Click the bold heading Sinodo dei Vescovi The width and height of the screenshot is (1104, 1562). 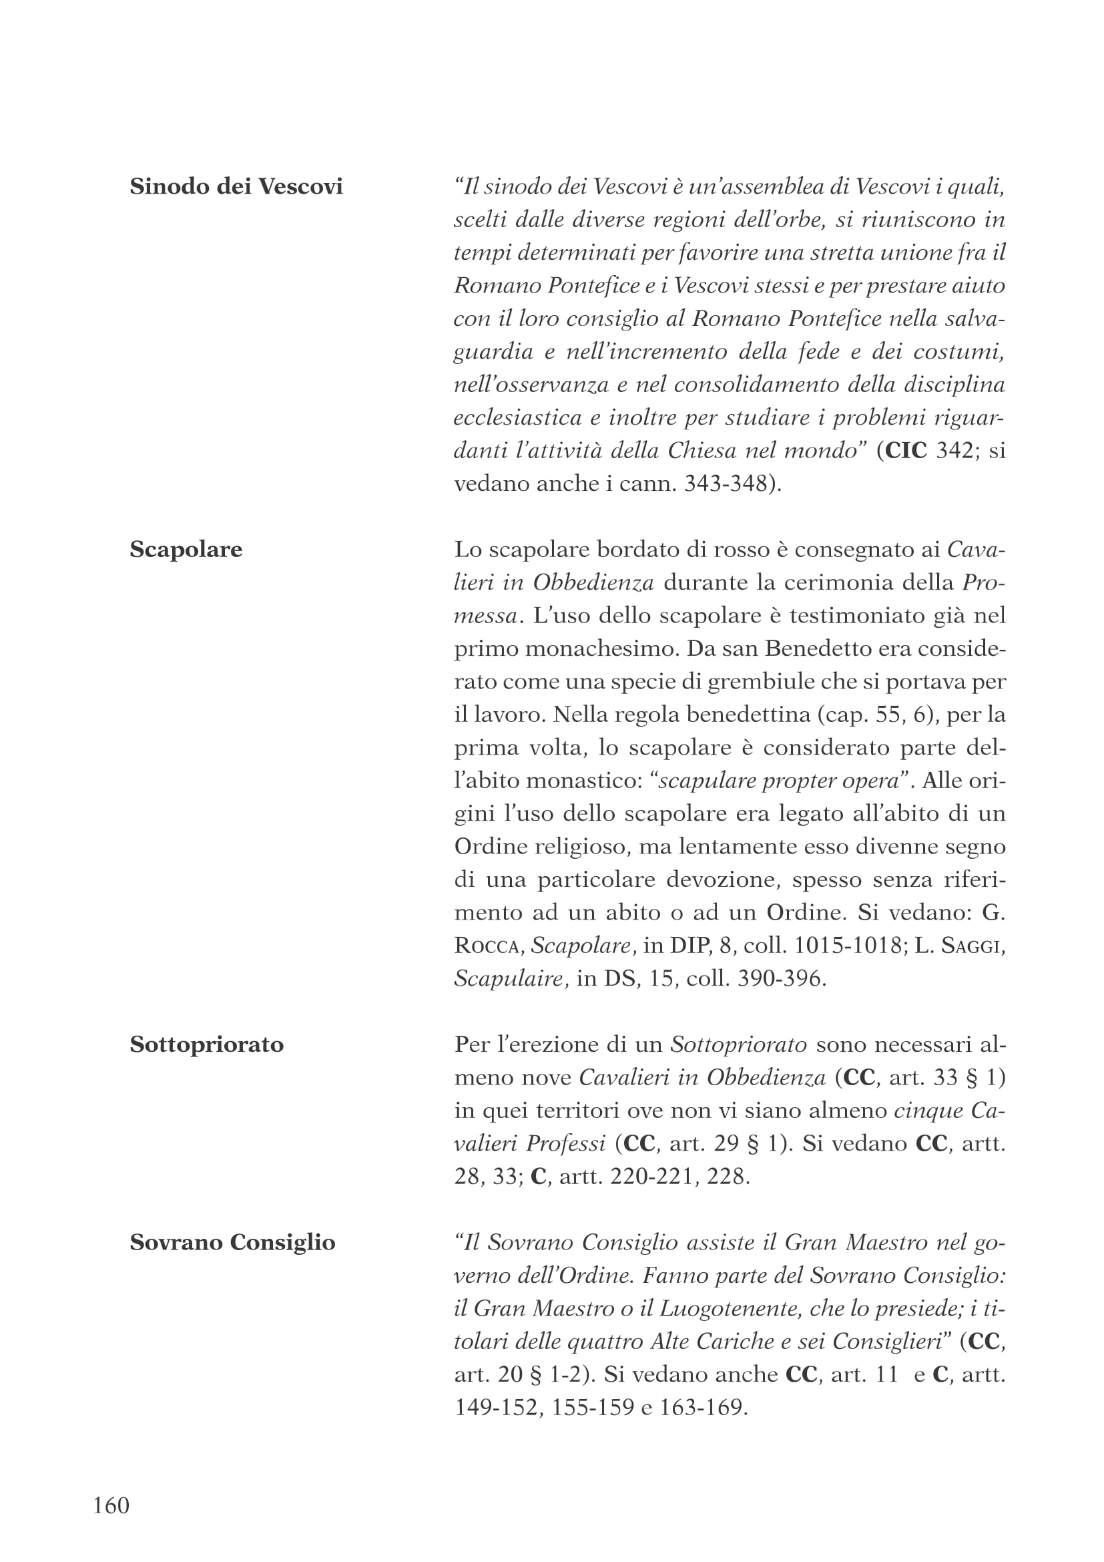coord(236,186)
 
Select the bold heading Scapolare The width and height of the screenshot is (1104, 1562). coord(186,549)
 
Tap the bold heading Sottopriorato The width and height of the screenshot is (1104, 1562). coord(207,1044)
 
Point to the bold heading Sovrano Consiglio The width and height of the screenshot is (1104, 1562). coord(232,1242)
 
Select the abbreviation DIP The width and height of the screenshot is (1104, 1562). coord(689,946)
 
